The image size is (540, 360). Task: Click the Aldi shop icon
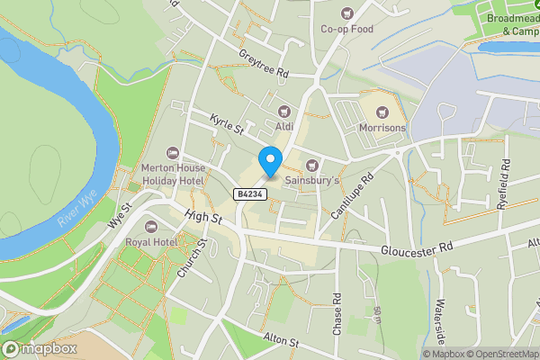point(284,112)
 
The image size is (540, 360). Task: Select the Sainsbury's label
point(311,180)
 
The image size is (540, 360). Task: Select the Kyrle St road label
point(227,124)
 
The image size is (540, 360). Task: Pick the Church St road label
point(193,256)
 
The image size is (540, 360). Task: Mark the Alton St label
point(281,340)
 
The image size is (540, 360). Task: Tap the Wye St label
point(120,214)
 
